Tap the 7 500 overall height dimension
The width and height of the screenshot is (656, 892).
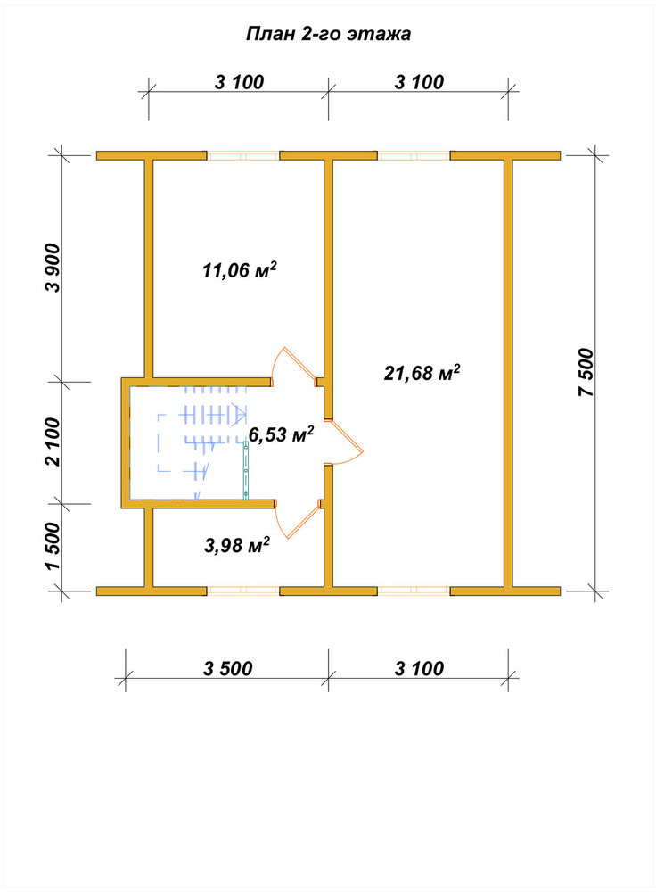coord(586,372)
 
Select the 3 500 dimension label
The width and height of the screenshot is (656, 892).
coord(228,668)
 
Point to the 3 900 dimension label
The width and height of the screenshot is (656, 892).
coord(53,268)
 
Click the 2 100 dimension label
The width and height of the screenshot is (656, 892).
coord(53,442)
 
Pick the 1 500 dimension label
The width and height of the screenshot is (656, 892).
coord(53,546)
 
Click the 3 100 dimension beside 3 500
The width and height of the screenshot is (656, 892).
coord(420,668)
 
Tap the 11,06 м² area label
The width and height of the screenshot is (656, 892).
coord(240,269)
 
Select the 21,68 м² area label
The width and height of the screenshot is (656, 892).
coord(422,373)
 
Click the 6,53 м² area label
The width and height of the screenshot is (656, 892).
coord(282,435)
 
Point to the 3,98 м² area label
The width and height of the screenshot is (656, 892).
coord(236,546)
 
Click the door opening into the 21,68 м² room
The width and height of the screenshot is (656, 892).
coord(344,443)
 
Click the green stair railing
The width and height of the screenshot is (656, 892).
coord(246,470)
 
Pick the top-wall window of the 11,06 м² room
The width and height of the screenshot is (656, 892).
coord(243,156)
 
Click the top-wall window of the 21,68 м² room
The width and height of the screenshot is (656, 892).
coord(414,156)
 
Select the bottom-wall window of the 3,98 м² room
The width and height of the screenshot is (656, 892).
coord(243,591)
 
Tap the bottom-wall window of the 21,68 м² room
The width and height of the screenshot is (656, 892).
coord(414,591)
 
